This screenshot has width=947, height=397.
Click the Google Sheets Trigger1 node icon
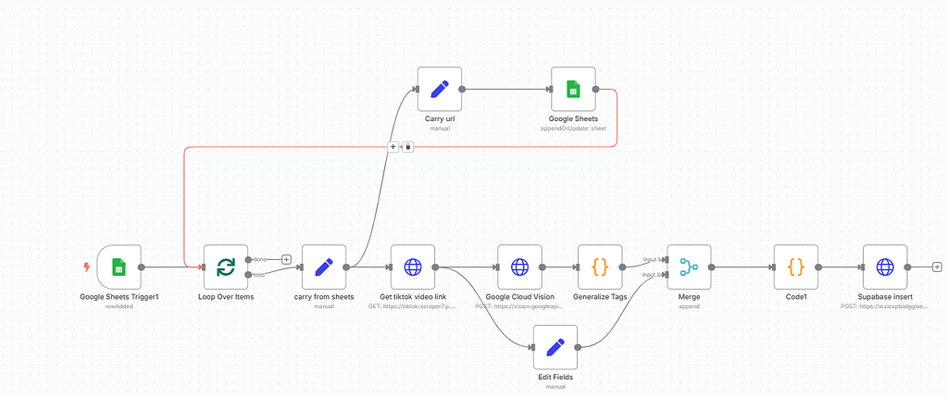click(118, 267)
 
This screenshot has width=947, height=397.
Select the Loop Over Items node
click(226, 267)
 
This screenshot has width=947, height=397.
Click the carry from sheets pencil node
click(323, 267)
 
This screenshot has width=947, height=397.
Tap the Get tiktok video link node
click(413, 267)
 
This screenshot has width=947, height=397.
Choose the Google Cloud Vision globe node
click(519, 267)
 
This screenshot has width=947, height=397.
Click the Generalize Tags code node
click(599, 267)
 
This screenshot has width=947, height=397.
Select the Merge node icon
click(689, 267)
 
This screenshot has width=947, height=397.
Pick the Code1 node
click(795, 267)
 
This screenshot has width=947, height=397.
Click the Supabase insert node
click(885, 267)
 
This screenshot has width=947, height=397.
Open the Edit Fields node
click(555, 348)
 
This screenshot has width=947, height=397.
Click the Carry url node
click(439, 90)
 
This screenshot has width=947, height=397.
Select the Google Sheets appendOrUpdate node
click(573, 90)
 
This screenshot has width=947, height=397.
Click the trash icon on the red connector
click(407, 146)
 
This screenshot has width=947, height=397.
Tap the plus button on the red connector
click(393, 146)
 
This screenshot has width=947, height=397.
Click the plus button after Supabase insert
click(937, 267)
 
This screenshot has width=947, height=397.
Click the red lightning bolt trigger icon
click(87, 267)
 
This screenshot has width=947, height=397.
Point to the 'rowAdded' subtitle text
click(118, 305)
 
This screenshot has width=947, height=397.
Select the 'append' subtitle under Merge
click(689, 305)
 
